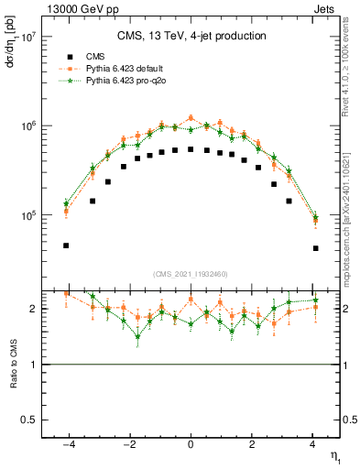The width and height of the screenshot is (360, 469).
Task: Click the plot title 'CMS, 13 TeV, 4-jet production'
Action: [191, 36]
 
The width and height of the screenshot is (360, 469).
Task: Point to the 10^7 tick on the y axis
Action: [27, 38]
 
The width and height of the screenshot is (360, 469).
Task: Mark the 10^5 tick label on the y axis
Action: [27, 216]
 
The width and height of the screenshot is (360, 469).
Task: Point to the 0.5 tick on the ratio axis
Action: [29, 420]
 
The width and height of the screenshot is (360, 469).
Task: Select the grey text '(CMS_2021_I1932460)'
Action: [191, 274]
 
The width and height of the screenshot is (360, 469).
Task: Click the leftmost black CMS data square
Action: [66, 245]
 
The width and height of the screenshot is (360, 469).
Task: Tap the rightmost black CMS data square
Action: [315, 248]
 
